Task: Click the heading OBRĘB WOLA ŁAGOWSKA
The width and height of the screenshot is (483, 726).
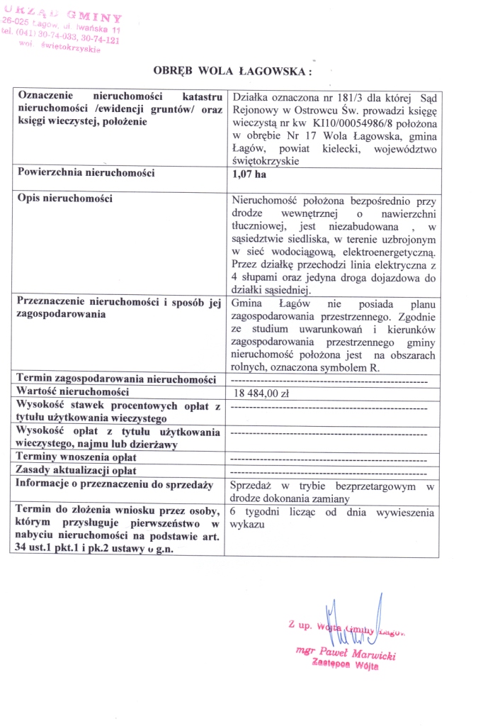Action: click(x=232, y=71)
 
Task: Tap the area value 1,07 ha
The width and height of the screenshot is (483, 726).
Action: click(x=248, y=172)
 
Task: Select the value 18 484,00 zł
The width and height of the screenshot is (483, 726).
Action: click(x=260, y=393)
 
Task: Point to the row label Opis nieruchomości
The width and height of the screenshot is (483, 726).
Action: click(x=65, y=198)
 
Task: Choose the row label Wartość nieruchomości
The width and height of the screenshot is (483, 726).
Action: click(x=73, y=391)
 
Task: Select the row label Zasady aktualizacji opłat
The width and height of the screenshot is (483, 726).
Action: click(x=76, y=470)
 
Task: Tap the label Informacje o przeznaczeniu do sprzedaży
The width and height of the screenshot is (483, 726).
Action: click(x=115, y=484)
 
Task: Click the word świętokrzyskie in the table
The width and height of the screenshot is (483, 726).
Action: click(x=263, y=161)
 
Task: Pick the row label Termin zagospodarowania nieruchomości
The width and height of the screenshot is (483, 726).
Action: click(x=115, y=379)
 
